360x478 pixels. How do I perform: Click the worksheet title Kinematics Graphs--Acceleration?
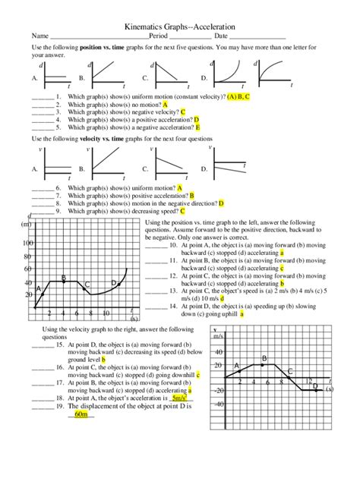click(180, 25)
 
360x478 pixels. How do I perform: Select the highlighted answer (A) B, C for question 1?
click(240, 97)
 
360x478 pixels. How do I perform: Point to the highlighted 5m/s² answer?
click(180, 397)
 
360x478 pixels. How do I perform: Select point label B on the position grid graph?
click(63, 278)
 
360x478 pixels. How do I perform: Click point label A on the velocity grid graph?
click(236, 366)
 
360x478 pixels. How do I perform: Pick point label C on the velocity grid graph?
click(289, 370)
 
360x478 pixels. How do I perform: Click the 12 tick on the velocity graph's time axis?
click(308, 380)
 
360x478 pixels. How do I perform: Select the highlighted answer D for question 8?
click(221, 203)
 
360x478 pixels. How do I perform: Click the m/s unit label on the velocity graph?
click(219, 335)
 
